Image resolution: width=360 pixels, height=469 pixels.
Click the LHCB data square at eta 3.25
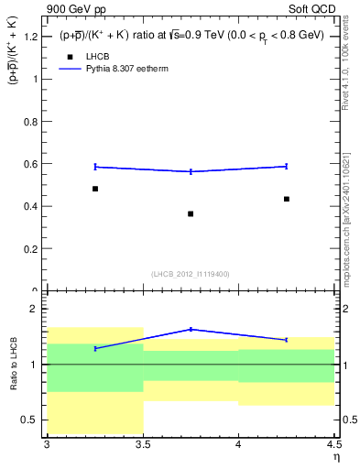click(x=95, y=189)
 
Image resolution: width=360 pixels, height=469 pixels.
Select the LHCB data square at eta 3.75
click(x=191, y=213)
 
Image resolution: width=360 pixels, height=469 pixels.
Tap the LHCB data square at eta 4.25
click(x=287, y=199)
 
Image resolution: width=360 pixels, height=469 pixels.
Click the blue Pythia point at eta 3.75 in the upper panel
click(x=191, y=171)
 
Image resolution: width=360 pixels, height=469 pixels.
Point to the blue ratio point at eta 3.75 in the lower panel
click(x=191, y=329)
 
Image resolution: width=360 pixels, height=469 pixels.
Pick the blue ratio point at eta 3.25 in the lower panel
click(x=95, y=348)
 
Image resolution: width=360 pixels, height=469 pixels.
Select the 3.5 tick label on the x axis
click(x=143, y=444)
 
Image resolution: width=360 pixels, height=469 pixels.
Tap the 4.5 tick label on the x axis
click(x=333, y=444)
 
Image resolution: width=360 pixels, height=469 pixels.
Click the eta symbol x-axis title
click(x=336, y=457)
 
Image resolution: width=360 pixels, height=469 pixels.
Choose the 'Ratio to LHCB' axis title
click(x=14, y=364)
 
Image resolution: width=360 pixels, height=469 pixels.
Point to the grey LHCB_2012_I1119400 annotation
click(x=191, y=274)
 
